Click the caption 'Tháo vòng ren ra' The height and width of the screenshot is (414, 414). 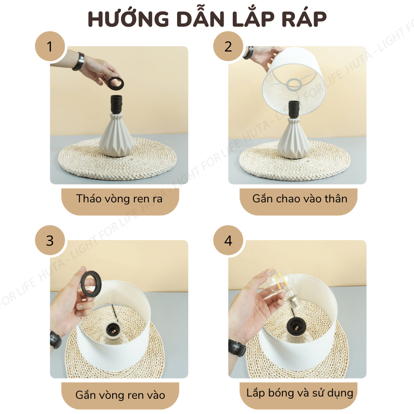click(x=120, y=199)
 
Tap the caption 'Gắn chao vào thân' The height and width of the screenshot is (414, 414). click(x=299, y=199)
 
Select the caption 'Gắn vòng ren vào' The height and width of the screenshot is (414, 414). click(x=120, y=395)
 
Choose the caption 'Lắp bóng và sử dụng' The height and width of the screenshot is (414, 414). click(x=299, y=393)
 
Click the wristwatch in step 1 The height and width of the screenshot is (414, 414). click(x=79, y=61)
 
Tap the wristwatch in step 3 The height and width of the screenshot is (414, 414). click(x=56, y=339)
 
